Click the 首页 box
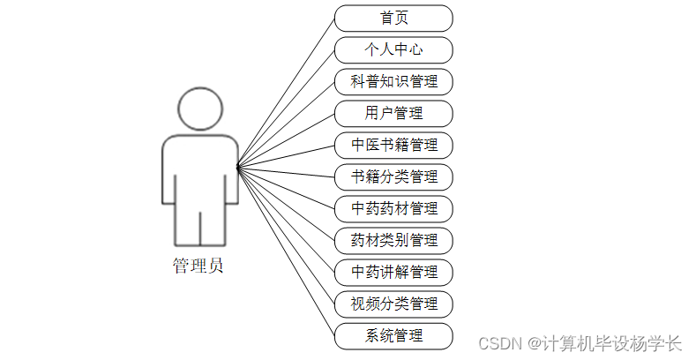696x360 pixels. click(x=393, y=18)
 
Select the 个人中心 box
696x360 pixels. click(x=393, y=49)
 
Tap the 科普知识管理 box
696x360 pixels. click(x=393, y=81)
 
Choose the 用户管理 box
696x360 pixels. click(x=393, y=113)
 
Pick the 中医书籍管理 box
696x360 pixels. click(x=393, y=145)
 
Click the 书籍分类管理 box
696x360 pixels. click(x=393, y=176)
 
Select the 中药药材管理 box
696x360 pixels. click(x=393, y=208)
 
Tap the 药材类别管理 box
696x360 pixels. click(x=393, y=240)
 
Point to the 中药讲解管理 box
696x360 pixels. click(x=393, y=272)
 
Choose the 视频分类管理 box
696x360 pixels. click(x=393, y=304)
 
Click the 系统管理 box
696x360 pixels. click(x=393, y=335)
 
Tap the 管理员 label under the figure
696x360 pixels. click(x=198, y=266)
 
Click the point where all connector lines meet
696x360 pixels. click(x=238, y=166)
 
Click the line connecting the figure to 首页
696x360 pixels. click(x=287, y=91)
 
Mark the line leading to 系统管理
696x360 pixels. click(x=287, y=251)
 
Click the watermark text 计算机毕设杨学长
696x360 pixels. click(x=612, y=342)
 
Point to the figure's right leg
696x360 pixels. click(x=213, y=221)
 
